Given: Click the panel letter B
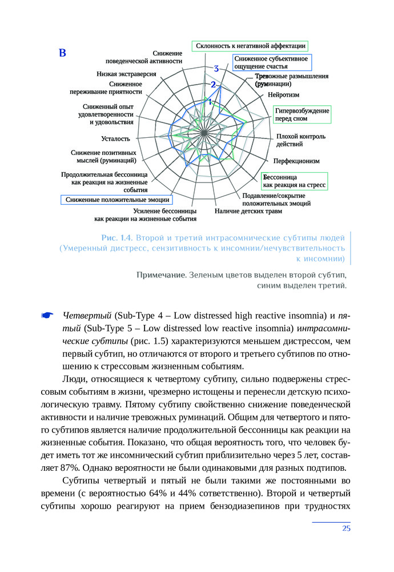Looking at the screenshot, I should pos(63,54).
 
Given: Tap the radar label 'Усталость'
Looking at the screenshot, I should pos(115,138).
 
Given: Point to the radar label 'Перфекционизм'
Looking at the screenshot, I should pos(296,161).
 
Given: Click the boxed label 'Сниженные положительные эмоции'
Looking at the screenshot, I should pos(117,200).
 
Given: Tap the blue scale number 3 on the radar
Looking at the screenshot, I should pos(216,69).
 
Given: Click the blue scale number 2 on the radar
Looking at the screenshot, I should pos(213,85).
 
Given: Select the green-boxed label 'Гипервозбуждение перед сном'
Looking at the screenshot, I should pos(301,114).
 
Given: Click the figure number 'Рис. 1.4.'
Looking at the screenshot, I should pos(116,237).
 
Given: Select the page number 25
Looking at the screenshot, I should pos(346,528).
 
